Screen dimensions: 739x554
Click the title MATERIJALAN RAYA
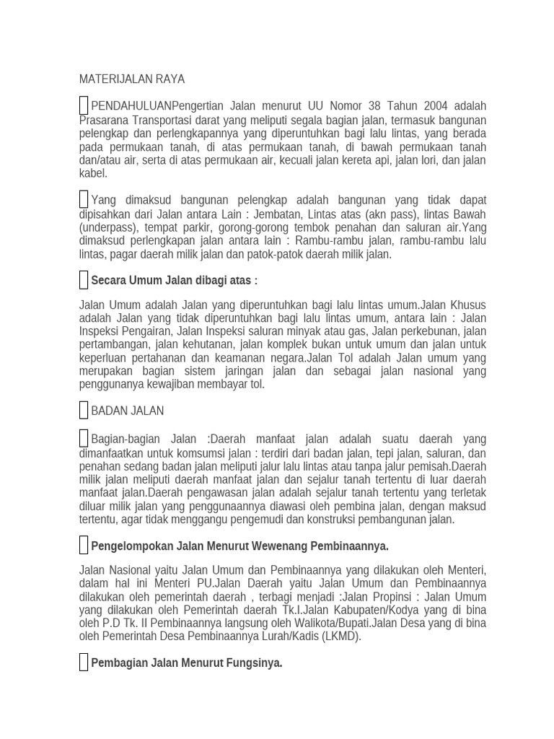[x=132, y=79]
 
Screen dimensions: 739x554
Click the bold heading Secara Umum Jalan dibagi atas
[x=174, y=280]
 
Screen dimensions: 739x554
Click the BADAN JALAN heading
[x=127, y=411]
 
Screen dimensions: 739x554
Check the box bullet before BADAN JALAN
[x=84, y=411]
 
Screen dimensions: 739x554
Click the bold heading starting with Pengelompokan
[x=239, y=546]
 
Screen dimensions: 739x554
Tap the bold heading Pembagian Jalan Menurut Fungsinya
[x=186, y=663]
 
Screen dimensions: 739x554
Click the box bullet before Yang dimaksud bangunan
[x=84, y=200]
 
